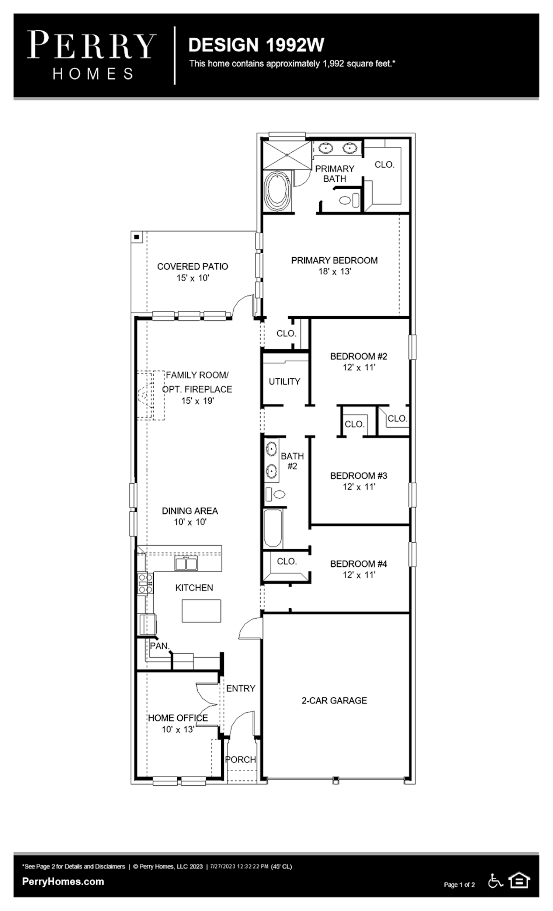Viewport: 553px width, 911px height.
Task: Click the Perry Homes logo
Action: [92, 55]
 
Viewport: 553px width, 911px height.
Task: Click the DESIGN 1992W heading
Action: [256, 45]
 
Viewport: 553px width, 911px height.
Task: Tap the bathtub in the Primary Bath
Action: [278, 191]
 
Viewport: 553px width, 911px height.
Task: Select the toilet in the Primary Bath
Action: [349, 201]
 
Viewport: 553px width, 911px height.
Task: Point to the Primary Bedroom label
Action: [334, 260]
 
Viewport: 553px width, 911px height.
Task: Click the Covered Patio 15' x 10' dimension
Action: [192, 278]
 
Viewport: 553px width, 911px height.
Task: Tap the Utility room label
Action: [284, 381]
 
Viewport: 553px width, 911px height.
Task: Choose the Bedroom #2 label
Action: [359, 356]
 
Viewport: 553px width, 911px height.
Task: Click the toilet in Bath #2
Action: [275, 494]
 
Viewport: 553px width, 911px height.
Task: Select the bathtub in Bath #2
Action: [273, 528]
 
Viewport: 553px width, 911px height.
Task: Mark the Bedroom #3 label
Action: [359, 476]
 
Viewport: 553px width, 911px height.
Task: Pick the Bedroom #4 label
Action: [359, 564]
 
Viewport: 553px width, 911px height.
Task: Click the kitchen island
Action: [201, 611]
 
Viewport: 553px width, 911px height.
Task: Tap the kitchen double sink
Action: [186, 564]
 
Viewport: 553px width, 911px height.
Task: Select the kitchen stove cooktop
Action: [145, 583]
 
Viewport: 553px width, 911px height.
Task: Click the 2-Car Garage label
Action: [334, 700]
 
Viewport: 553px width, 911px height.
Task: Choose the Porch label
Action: [241, 759]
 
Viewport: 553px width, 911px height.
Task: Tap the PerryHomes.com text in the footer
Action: [63, 882]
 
